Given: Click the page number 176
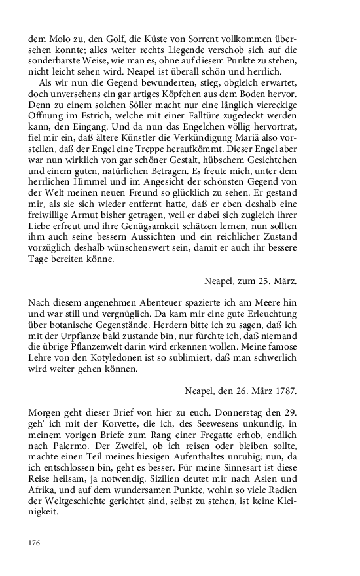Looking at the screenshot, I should [35, 543].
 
